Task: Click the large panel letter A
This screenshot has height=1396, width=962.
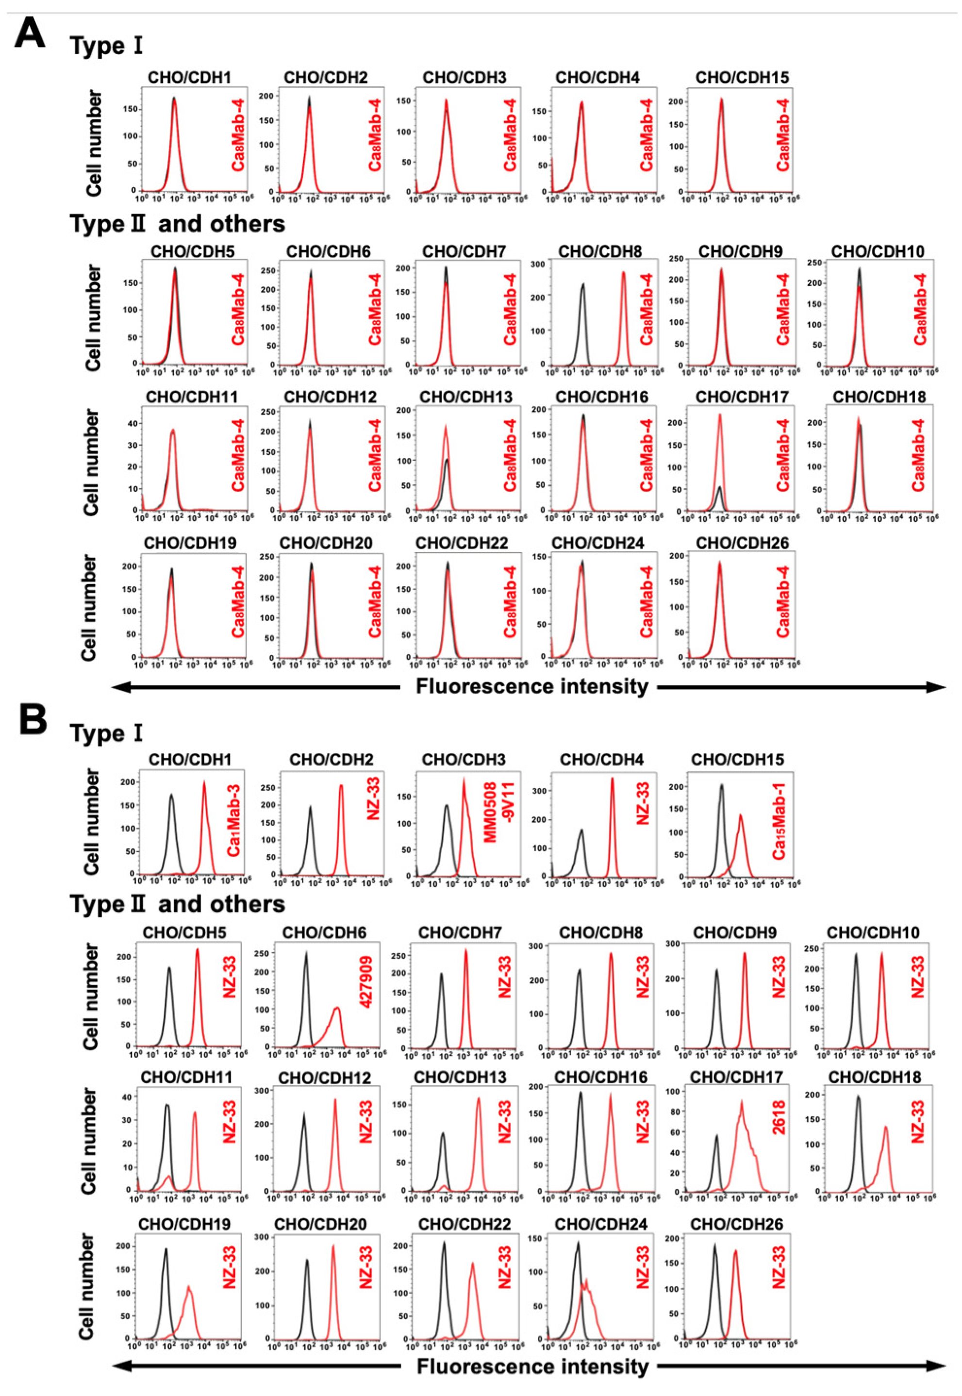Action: click(x=30, y=33)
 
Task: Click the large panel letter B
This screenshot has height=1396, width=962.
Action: click(x=33, y=720)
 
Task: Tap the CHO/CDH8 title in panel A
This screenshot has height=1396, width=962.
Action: click(x=600, y=251)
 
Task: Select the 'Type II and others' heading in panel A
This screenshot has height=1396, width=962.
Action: click(x=177, y=224)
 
